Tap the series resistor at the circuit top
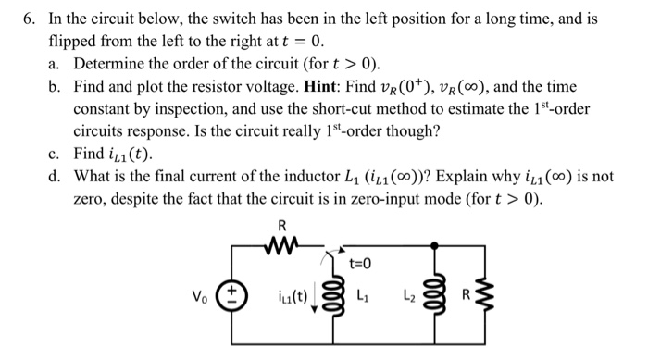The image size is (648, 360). [282, 245]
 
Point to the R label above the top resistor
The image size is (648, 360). [282, 225]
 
